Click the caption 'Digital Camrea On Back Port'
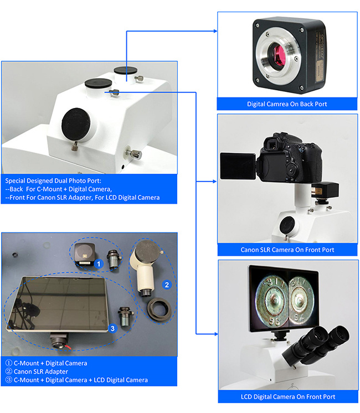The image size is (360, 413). (x=286, y=104)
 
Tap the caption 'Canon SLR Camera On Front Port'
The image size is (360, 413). (x=287, y=250)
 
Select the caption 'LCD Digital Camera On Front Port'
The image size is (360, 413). (x=287, y=396)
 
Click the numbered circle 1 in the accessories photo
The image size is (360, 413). (x=98, y=264)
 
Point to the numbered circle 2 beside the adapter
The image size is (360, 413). (x=165, y=285)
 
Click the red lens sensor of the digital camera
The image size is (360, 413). (x=277, y=53)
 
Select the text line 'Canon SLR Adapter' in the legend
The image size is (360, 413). (x=39, y=371)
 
